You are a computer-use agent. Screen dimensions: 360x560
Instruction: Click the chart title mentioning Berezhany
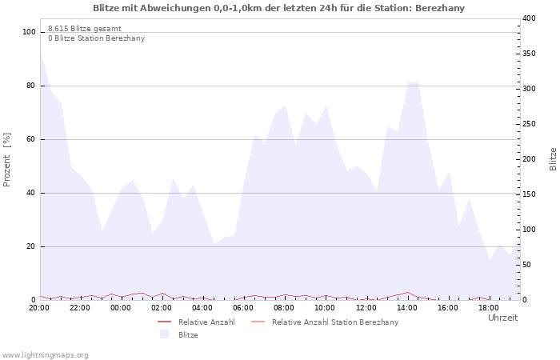point(278,8)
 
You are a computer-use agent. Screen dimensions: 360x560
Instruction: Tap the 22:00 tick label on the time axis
point(80,307)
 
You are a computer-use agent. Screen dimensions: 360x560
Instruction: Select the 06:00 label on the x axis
point(243,307)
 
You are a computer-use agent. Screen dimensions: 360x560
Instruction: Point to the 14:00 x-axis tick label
point(407,307)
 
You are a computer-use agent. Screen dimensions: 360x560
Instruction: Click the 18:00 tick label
point(489,307)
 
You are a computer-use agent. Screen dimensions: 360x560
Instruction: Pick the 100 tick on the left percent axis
point(30,32)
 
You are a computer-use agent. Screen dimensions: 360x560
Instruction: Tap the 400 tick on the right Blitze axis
point(529,18)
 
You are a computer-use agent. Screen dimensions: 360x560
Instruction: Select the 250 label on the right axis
point(529,124)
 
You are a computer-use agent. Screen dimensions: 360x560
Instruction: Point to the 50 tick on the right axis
point(526,265)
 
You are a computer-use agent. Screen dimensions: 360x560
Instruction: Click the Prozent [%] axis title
point(7,160)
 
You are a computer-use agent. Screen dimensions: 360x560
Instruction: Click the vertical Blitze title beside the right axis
point(553,158)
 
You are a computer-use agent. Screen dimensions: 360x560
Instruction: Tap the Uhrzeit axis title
point(502,318)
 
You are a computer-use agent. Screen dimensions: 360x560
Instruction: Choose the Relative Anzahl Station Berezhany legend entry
point(334,322)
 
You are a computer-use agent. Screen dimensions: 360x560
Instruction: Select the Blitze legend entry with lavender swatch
point(188,335)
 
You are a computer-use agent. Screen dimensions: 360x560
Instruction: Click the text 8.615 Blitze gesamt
point(85,28)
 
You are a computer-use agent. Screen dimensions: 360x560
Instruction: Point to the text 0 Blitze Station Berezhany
point(96,38)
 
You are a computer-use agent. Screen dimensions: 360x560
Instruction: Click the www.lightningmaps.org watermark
point(45,354)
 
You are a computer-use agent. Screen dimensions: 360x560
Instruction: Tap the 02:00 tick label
point(162,307)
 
